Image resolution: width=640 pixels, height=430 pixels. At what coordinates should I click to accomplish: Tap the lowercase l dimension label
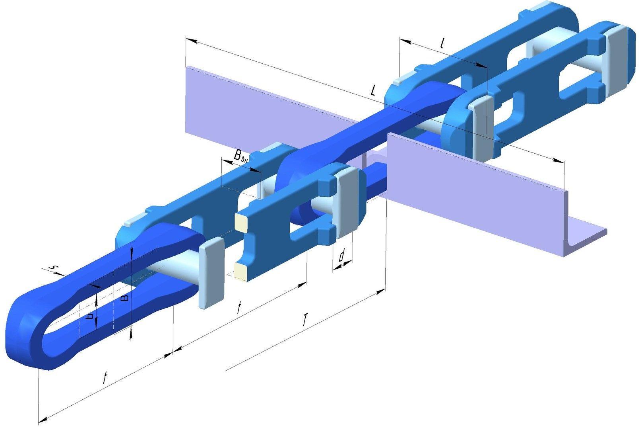point(442,43)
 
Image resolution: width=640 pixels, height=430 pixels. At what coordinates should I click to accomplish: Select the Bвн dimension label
point(240,156)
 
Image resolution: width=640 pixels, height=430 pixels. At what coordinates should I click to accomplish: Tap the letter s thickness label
point(54,268)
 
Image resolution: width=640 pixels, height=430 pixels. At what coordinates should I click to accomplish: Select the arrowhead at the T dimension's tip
point(381,291)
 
